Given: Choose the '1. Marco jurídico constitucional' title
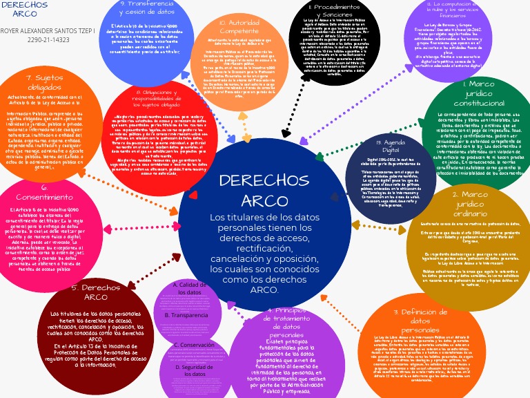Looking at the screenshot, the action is pyautogui.click(x=469, y=93).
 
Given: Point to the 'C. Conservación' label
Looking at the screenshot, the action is pyautogui.click(x=193, y=344).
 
